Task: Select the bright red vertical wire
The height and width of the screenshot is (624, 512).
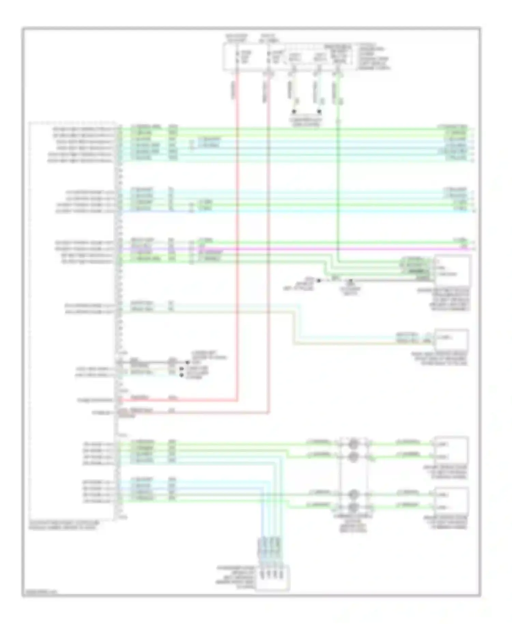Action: (237, 239)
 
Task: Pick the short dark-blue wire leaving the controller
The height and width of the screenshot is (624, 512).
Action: (154, 211)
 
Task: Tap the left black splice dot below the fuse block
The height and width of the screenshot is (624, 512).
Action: (293, 112)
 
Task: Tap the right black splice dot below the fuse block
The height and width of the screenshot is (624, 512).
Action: (319, 112)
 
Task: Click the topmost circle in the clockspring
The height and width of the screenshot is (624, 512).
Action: (354, 444)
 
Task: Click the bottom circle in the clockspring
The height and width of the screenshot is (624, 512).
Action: (354, 507)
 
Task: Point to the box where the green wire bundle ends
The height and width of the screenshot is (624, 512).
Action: (452, 270)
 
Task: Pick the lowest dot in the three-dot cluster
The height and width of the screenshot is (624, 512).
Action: (182, 375)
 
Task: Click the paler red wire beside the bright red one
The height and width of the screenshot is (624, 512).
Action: (269, 239)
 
